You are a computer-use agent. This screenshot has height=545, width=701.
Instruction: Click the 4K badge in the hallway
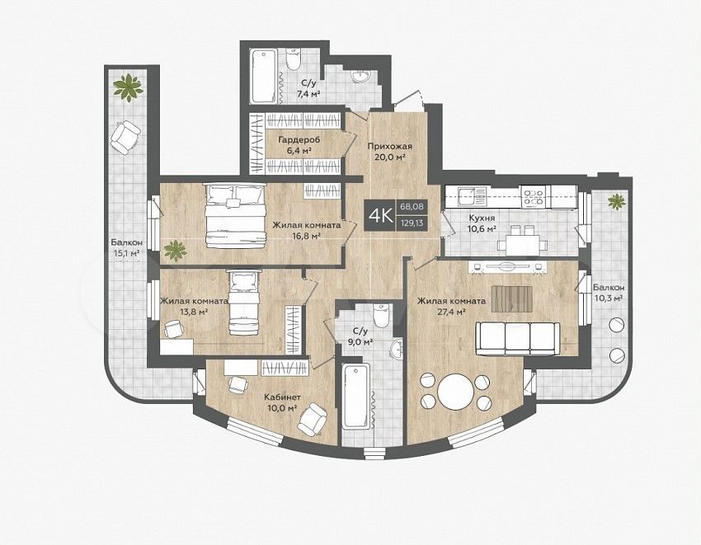pyautogui.click(x=379, y=215)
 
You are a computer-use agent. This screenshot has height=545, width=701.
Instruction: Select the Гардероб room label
pyautogui.click(x=299, y=140)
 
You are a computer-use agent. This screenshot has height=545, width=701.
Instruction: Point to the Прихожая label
pyautogui.click(x=390, y=146)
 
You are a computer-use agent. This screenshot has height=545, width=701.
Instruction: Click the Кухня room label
pyautogui.click(x=482, y=218)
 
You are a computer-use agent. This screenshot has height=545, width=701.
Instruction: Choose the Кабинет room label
pyautogui.click(x=282, y=397)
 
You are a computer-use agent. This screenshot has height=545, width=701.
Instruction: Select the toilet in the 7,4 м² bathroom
pyautogui.click(x=294, y=59)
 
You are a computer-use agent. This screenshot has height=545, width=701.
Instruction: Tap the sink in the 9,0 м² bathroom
pyautogui.click(x=396, y=349)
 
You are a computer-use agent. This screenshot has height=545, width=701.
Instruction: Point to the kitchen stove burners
pyautogui.click(x=534, y=198)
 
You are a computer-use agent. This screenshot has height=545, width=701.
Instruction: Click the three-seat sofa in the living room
pyautogui.click(x=517, y=338)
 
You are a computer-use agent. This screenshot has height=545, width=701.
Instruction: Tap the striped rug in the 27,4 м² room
pyautogui.click(x=512, y=299)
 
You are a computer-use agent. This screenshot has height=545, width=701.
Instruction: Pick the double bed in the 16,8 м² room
pyautogui.click(x=235, y=216)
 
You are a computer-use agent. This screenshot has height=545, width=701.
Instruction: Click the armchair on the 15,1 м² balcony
pyautogui.click(x=125, y=137)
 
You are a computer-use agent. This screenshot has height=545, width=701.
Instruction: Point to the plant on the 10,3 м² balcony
pyautogui.click(x=617, y=200)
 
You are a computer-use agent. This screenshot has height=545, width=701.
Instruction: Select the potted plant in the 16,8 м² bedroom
pyautogui.click(x=176, y=251)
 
